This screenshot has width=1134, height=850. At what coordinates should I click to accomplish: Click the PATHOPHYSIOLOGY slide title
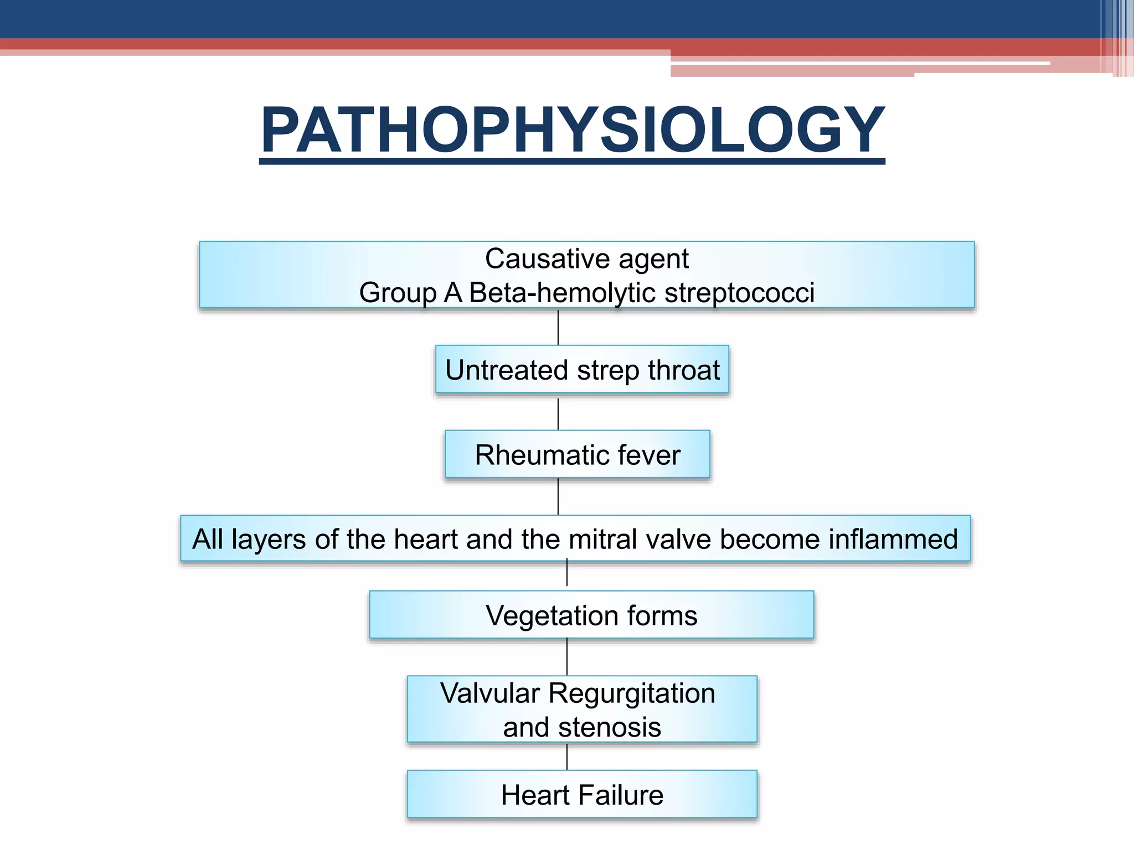click(x=573, y=131)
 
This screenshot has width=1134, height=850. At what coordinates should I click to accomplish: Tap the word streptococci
click(x=739, y=293)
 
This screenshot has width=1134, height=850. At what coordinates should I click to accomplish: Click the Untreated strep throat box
click(x=582, y=370)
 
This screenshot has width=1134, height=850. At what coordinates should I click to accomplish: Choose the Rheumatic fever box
click(x=577, y=454)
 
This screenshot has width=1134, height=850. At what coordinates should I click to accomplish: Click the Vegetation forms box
click(x=591, y=615)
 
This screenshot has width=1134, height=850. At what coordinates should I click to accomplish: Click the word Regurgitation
click(x=632, y=693)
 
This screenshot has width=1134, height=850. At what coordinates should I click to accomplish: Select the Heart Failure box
click(x=582, y=795)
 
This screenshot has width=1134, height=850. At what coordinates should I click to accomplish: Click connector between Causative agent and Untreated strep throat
click(x=558, y=327)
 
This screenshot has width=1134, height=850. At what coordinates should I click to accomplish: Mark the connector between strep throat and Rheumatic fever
click(x=558, y=413)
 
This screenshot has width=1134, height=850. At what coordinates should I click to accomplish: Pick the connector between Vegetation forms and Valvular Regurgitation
click(x=567, y=657)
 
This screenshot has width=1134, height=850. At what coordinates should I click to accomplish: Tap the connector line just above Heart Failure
click(x=567, y=757)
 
